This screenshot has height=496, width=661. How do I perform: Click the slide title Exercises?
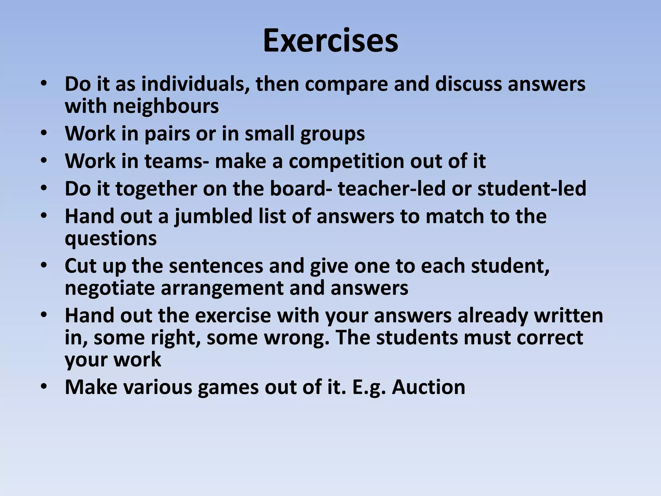(x=330, y=41)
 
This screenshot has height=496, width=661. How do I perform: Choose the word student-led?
(x=532, y=189)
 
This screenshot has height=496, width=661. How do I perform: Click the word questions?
(x=111, y=239)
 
